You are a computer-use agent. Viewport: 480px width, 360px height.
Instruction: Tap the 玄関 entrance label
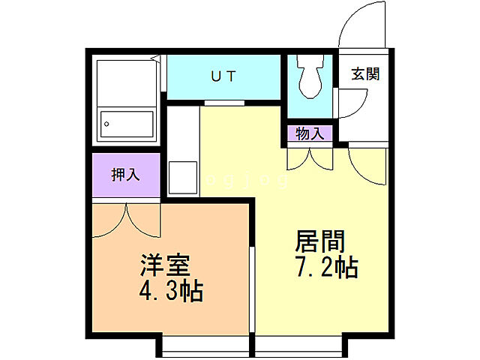coord(365,73)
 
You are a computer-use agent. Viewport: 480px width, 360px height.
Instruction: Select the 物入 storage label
coord(309,134)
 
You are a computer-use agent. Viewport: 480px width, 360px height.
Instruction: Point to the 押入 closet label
coord(125,175)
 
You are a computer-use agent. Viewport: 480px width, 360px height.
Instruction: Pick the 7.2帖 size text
coord(325,267)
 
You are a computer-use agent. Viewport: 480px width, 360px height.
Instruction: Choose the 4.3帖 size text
coord(170,291)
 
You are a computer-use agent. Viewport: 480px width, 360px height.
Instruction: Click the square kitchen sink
coord(182,177)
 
